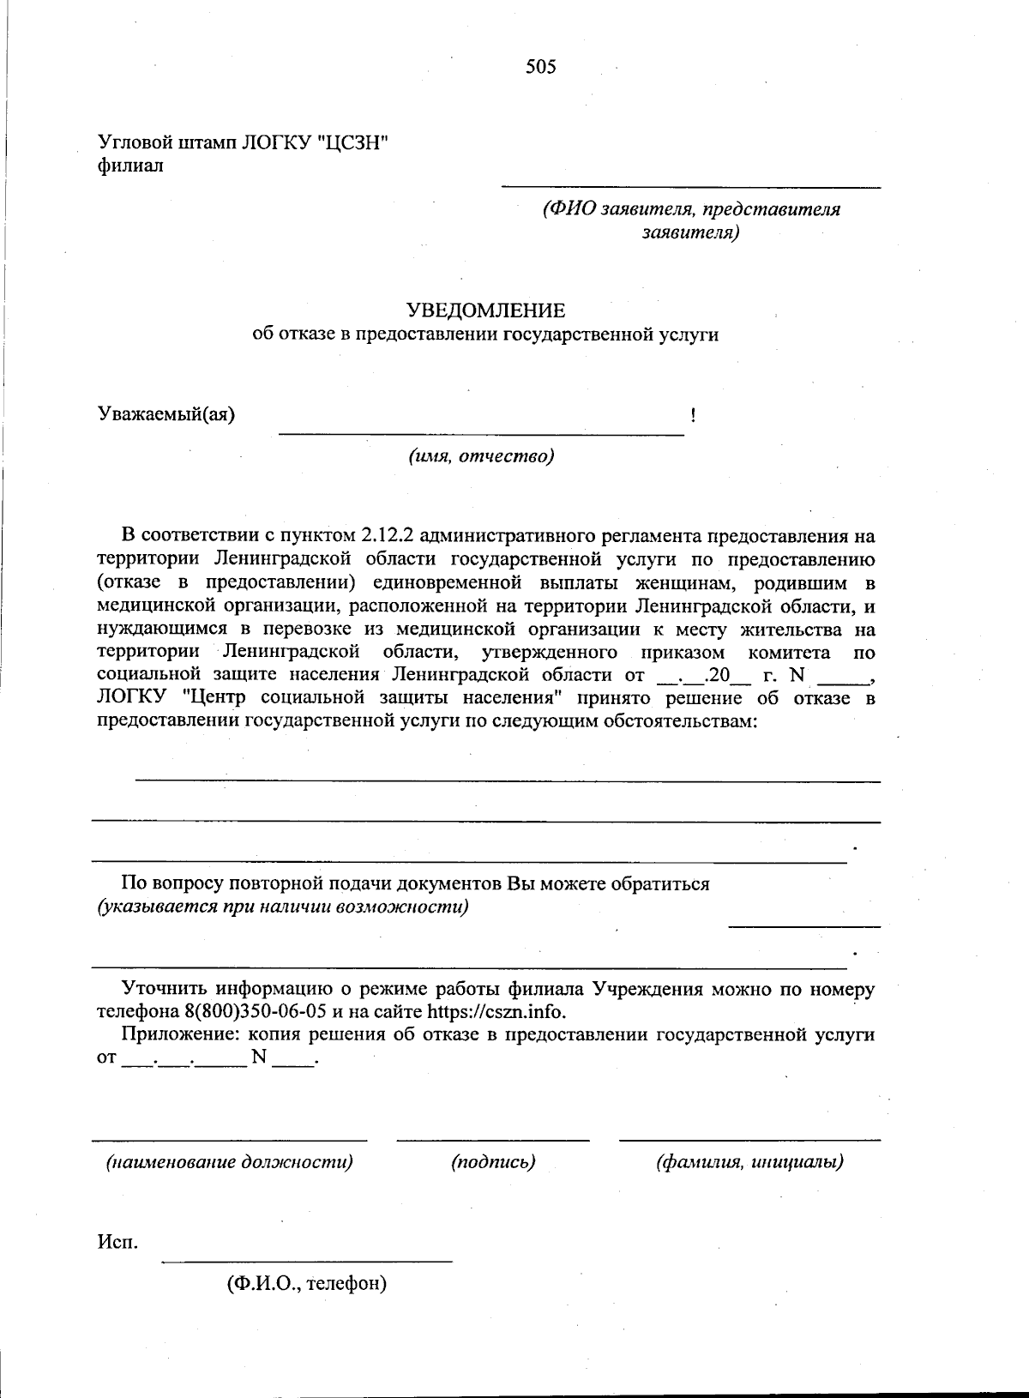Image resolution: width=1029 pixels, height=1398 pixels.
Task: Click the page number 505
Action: [541, 67]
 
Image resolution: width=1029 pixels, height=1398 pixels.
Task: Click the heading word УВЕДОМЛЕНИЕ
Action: [485, 310]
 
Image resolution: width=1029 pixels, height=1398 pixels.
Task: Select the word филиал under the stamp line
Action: [130, 166]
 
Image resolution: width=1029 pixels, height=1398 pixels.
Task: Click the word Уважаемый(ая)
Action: [166, 414]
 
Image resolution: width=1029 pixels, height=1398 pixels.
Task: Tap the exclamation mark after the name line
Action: [692, 416]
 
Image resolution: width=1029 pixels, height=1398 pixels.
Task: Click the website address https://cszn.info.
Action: [496, 1011]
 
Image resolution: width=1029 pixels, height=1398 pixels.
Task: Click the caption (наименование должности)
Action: [229, 1163]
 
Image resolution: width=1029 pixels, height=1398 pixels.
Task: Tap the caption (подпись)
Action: [493, 1163]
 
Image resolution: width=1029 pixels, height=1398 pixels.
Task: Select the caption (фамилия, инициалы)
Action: [749, 1163]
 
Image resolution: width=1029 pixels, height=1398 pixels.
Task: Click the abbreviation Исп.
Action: [117, 1242]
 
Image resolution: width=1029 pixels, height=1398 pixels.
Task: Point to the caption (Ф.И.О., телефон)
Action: [307, 1284]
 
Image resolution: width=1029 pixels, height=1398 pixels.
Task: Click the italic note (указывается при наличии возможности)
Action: [282, 907]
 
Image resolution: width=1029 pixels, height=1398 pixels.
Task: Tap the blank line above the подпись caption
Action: [493, 1140]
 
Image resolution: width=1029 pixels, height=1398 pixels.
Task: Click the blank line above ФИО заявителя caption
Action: [690, 187]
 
